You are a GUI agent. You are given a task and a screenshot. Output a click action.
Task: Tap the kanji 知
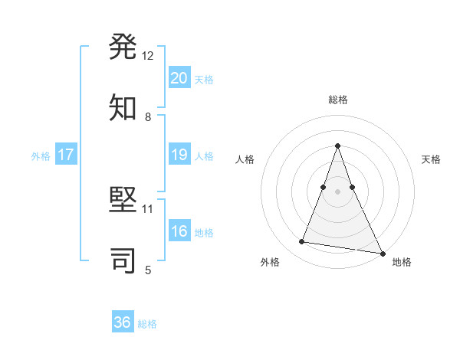click(123, 108)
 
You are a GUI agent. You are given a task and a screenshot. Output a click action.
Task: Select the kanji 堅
click(123, 201)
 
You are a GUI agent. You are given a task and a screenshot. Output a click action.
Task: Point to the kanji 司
click(123, 260)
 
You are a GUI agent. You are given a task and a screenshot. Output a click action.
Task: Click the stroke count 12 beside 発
click(148, 56)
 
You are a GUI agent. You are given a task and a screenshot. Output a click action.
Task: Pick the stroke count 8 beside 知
click(148, 116)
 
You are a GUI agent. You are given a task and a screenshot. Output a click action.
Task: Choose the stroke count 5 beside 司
click(148, 269)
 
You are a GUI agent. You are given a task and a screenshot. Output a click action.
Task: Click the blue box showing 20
click(179, 77)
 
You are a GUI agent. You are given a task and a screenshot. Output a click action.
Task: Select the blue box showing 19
click(179, 155)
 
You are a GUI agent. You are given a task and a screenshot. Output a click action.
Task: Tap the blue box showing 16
click(179, 231)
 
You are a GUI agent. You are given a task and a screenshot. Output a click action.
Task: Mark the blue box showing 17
click(66, 155)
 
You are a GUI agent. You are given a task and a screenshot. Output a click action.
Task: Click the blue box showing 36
click(123, 322)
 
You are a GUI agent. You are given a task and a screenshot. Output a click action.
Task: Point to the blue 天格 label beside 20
click(204, 80)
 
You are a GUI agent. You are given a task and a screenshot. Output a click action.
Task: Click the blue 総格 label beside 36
click(147, 324)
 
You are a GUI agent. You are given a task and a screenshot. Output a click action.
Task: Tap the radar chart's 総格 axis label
click(338, 100)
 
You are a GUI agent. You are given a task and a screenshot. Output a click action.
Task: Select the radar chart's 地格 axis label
click(402, 262)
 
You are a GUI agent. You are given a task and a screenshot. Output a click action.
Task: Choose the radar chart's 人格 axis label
click(245, 159)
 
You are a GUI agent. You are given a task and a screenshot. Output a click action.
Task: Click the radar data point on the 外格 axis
click(302, 242)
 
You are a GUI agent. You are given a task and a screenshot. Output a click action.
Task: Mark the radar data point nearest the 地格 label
click(381, 253)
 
